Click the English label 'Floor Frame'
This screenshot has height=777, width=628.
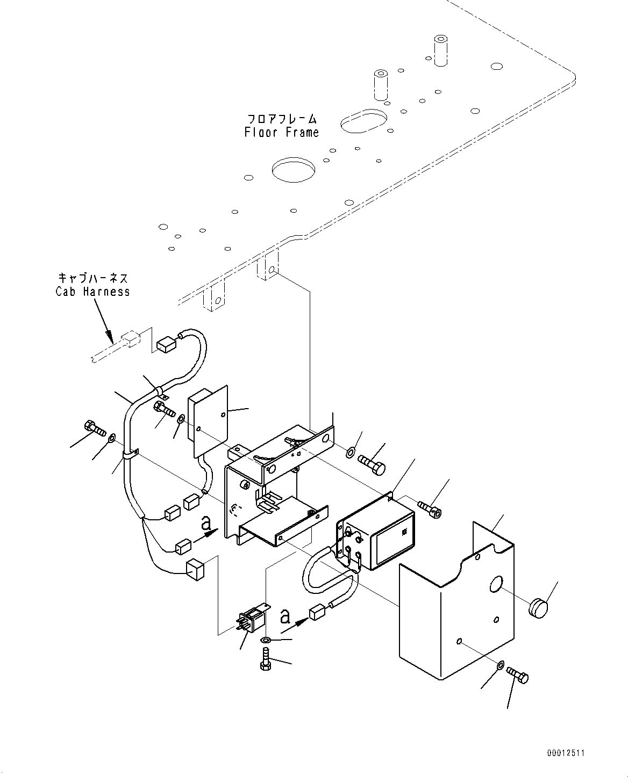pos(281,133)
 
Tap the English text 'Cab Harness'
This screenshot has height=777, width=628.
pos(92,292)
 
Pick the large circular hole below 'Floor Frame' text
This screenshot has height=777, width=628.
pos(294,169)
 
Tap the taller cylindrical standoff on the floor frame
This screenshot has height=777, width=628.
pos(440,51)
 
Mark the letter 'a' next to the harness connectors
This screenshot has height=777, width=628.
pos(206,522)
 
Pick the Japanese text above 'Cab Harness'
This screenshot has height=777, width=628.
pos(92,278)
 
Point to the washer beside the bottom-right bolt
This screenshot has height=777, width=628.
pos(499,666)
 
